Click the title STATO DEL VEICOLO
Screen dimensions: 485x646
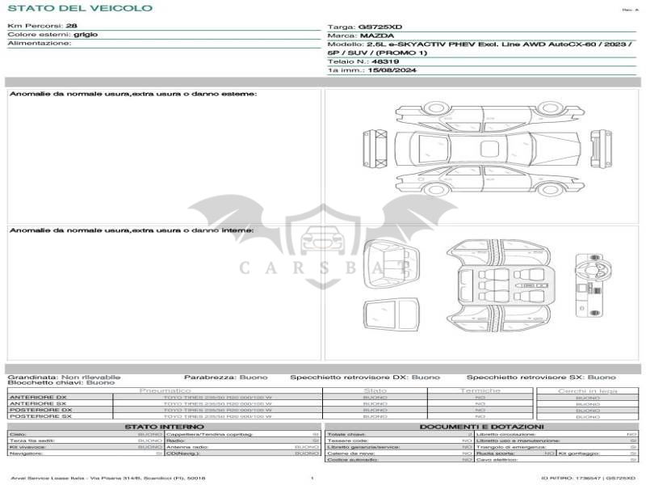coord(80,8)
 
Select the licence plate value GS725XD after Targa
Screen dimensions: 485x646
coord(380,27)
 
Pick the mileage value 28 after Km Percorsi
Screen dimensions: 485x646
coord(71,26)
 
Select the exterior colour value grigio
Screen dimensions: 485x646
coord(86,35)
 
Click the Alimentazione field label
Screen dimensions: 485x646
coord(39,44)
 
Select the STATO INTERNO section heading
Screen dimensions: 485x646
coord(164,426)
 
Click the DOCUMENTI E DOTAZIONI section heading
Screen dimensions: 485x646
coord(481,426)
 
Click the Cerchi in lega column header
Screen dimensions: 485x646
coord(588,391)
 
